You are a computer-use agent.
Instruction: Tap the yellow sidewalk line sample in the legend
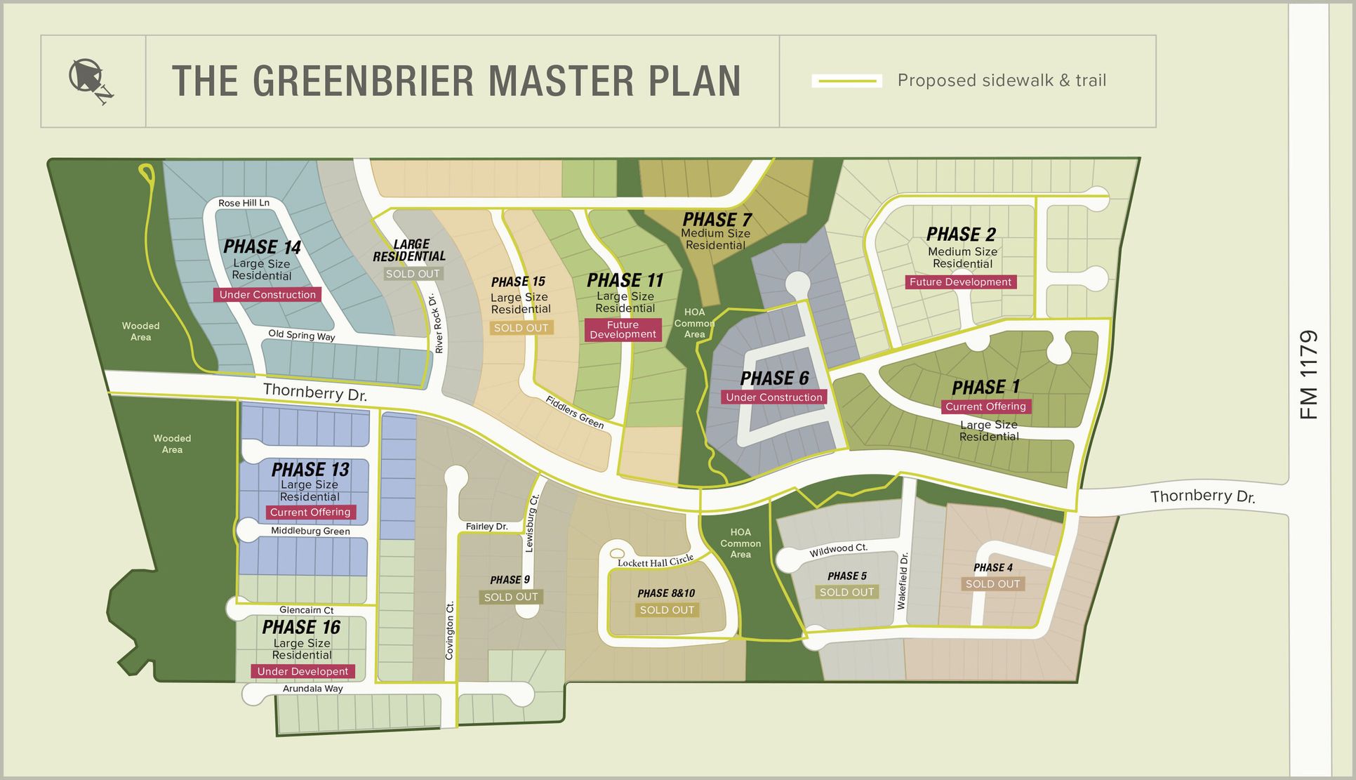[x=846, y=81]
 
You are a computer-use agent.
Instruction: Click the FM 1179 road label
[x=1308, y=375]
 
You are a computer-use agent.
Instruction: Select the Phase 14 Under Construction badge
[x=267, y=295]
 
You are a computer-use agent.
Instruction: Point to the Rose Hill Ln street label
[x=244, y=203]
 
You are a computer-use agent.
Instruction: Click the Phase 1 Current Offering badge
[x=985, y=406]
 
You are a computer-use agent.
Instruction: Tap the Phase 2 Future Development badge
[x=960, y=282]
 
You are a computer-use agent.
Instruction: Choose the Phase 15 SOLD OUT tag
[x=521, y=328]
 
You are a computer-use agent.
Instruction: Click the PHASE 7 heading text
[x=717, y=220]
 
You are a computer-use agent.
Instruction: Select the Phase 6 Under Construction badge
[x=773, y=397]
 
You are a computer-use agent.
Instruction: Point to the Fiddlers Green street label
[x=575, y=412]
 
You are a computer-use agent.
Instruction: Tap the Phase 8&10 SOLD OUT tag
[x=667, y=610]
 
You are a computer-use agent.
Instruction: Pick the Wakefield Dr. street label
[x=903, y=581]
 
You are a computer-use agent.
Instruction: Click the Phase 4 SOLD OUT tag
[x=992, y=584]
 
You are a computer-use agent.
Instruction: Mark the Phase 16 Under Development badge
[x=303, y=672]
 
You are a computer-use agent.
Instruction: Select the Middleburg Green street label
[x=310, y=531]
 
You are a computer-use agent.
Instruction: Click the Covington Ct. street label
[x=450, y=630]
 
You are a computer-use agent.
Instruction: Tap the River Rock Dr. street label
[x=436, y=324]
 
